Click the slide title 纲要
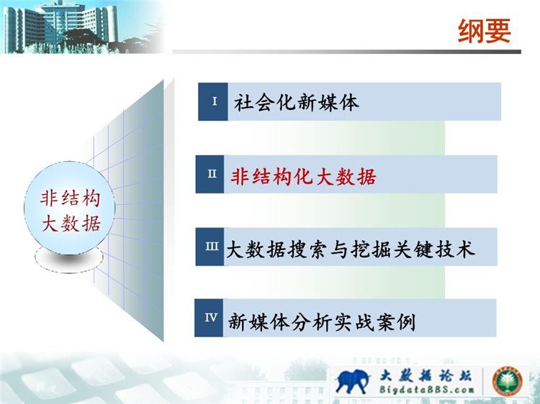[484, 31]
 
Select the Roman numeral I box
[213, 101]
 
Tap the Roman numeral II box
[210, 174]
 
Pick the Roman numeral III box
[210, 247]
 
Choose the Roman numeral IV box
[209, 318]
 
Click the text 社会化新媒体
[297, 102]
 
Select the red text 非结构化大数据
[303, 177]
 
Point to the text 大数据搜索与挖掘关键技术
[350, 249]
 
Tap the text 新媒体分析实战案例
[322, 322]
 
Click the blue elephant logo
[352, 381]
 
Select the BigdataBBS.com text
[427, 390]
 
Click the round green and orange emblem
[507, 381]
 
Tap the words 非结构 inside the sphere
[71, 198]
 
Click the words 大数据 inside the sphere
[71, 224]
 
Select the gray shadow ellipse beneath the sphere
[69, 259]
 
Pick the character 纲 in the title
[471, 31]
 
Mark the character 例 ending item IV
[407, 322]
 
